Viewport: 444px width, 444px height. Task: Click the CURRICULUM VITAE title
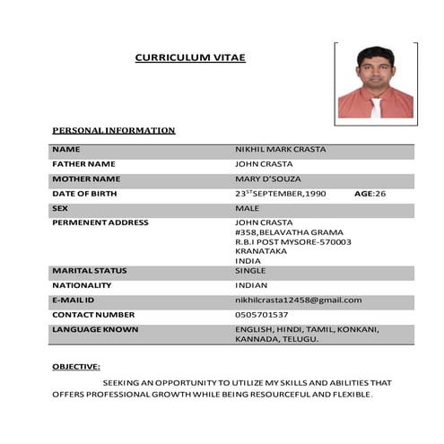pos(189,57)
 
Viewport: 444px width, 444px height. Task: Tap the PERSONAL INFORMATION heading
pos(114,130)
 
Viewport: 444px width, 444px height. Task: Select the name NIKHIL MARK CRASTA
pos(280,149)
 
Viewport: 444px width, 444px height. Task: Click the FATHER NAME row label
pos(83,164)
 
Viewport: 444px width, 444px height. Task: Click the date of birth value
pos(280,194)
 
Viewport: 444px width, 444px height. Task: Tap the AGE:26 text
pos(370,194)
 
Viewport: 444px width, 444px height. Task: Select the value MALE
pos(247,208)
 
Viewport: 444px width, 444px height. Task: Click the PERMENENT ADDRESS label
pos(100,222)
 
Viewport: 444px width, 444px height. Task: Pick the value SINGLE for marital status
pos(250,270)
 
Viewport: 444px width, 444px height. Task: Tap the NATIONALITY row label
pos(82,285)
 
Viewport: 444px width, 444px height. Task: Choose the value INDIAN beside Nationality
pos(252,285)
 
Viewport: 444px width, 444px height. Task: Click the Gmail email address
pos(298,300)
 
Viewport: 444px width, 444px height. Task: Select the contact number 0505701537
pos(261,315)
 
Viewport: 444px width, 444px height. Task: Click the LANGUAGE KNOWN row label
pos(95,330)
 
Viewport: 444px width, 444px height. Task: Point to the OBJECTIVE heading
pos(76,367)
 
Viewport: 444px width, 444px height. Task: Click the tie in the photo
pos(376,108)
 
